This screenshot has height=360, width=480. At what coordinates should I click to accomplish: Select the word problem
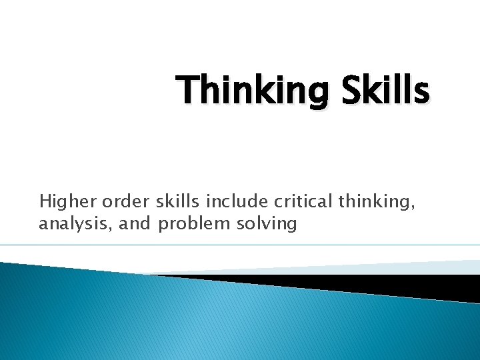193,224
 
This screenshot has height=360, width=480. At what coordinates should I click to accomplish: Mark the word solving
266,224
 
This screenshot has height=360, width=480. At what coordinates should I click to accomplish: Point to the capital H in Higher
45,200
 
